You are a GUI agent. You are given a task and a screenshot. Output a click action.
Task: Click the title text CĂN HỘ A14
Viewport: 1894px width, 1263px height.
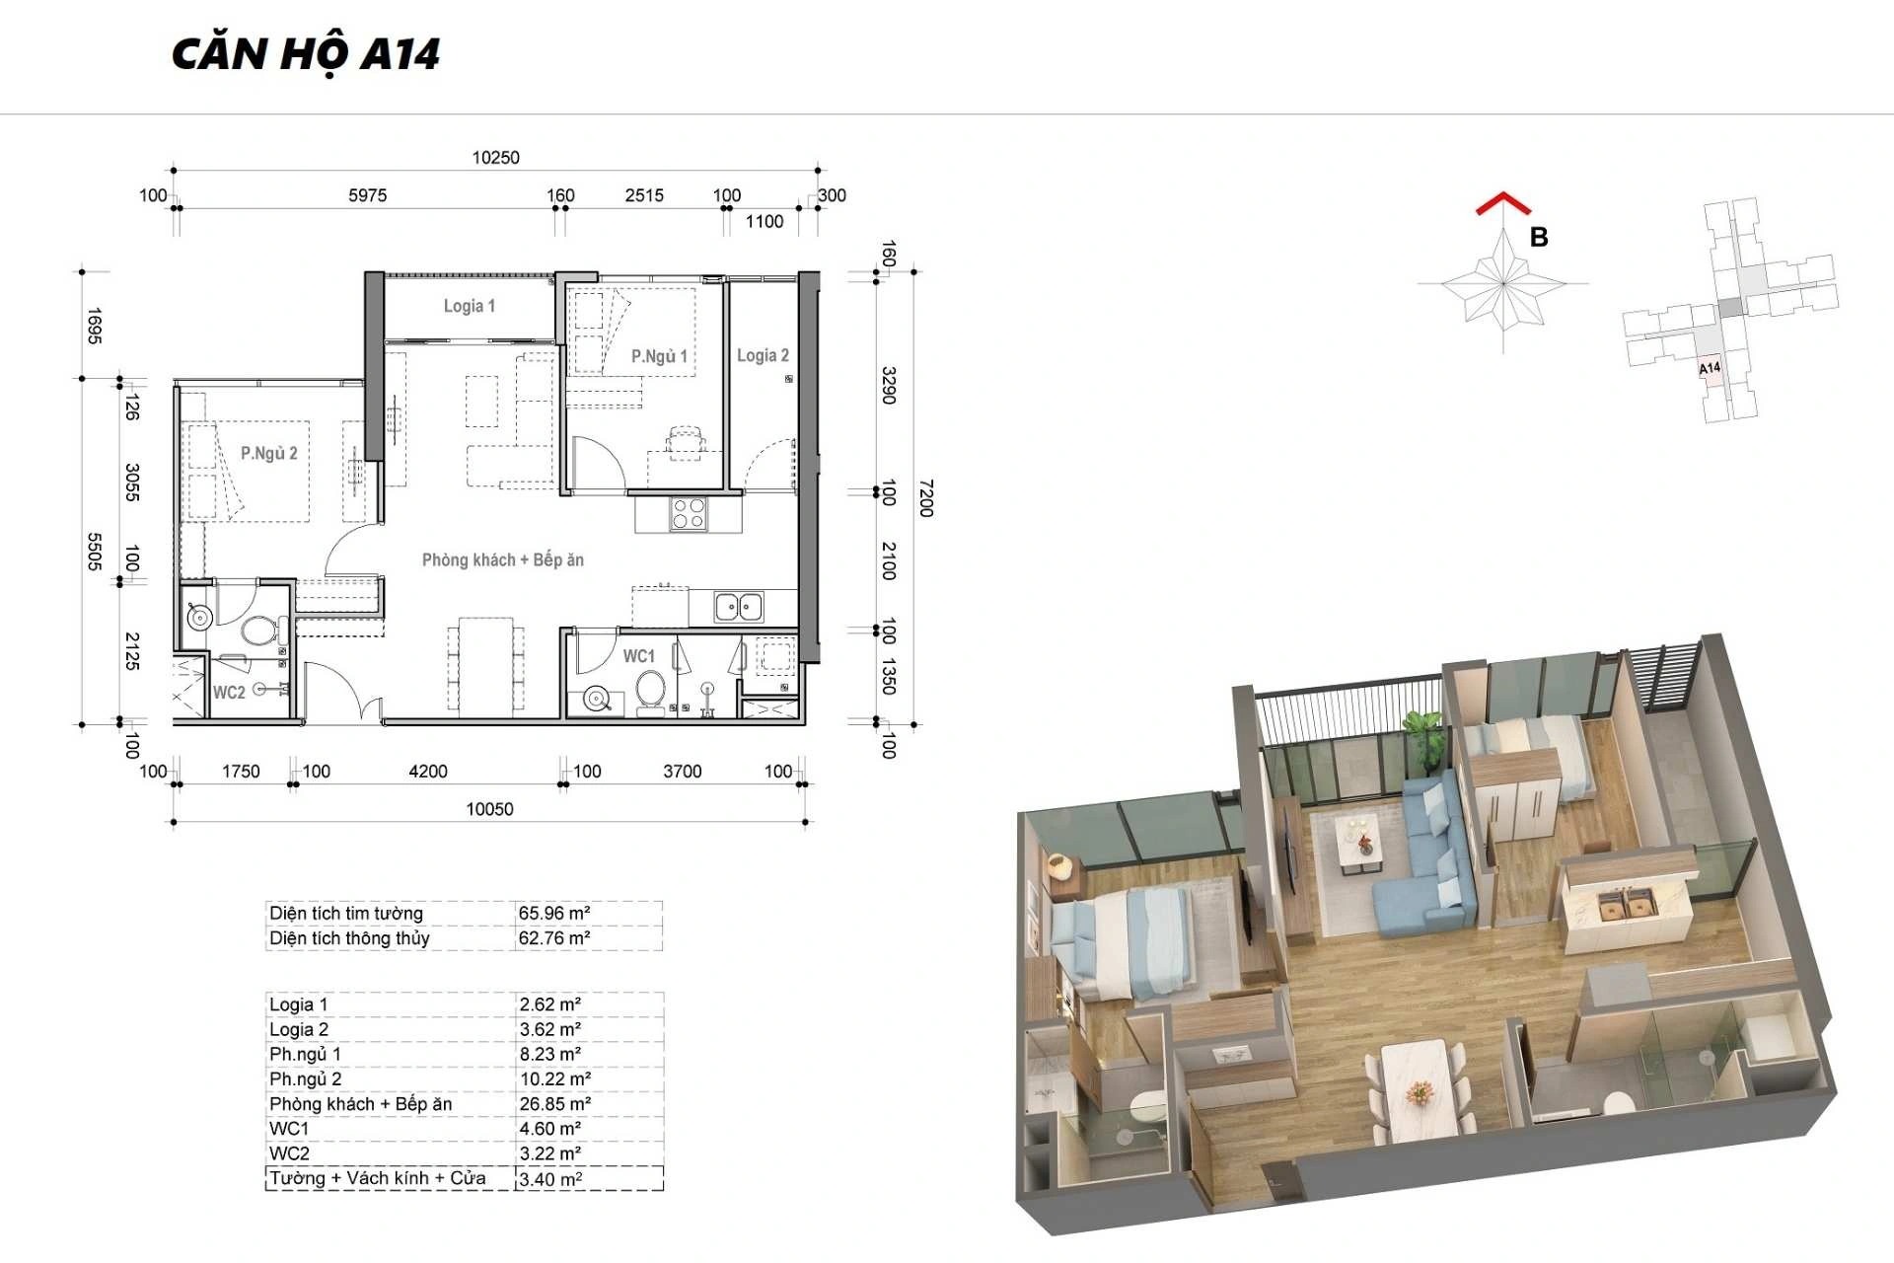click(306, 54)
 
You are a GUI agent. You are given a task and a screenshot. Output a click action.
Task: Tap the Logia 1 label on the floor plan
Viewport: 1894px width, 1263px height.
click(470, 306)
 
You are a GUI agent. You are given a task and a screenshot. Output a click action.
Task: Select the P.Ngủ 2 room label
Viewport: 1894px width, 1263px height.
click(269, 453)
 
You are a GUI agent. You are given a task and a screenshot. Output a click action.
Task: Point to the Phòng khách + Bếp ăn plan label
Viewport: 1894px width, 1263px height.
click(503, 559)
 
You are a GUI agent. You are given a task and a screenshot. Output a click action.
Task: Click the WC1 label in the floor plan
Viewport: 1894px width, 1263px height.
click(638, 656)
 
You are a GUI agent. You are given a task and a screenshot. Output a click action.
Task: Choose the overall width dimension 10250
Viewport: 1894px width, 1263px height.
click(495, 158)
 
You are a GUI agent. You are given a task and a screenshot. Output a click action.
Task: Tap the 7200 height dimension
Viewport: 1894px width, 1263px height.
click(925, 498)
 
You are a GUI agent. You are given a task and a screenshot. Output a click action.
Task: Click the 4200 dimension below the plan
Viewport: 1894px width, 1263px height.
click(428, 772)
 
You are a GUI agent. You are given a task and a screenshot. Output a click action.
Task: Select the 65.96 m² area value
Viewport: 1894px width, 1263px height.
click(554, 914)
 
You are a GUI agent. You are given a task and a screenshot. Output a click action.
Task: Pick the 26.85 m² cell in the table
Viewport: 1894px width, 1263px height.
click(555, 1104)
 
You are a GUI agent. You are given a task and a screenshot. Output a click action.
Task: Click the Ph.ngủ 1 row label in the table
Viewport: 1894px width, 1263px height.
click(305, 1055)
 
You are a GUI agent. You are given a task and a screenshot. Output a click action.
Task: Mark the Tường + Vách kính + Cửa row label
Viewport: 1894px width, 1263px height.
click(378, 1178)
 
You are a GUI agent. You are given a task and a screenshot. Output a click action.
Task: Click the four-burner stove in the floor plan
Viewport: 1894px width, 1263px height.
click(689, 514)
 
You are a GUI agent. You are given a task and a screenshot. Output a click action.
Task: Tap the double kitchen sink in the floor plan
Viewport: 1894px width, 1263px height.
click(739, 607)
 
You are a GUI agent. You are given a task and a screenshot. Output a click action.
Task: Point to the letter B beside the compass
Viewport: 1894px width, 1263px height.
click(1539, 238)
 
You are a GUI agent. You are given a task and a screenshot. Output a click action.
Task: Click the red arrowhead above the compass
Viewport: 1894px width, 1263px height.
click(1503, 203)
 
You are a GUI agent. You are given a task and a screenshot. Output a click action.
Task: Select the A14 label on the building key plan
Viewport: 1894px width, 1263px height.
click(1710, 368)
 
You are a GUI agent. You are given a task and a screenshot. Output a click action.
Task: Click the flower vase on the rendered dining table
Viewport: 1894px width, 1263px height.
click(1419, 1091)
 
